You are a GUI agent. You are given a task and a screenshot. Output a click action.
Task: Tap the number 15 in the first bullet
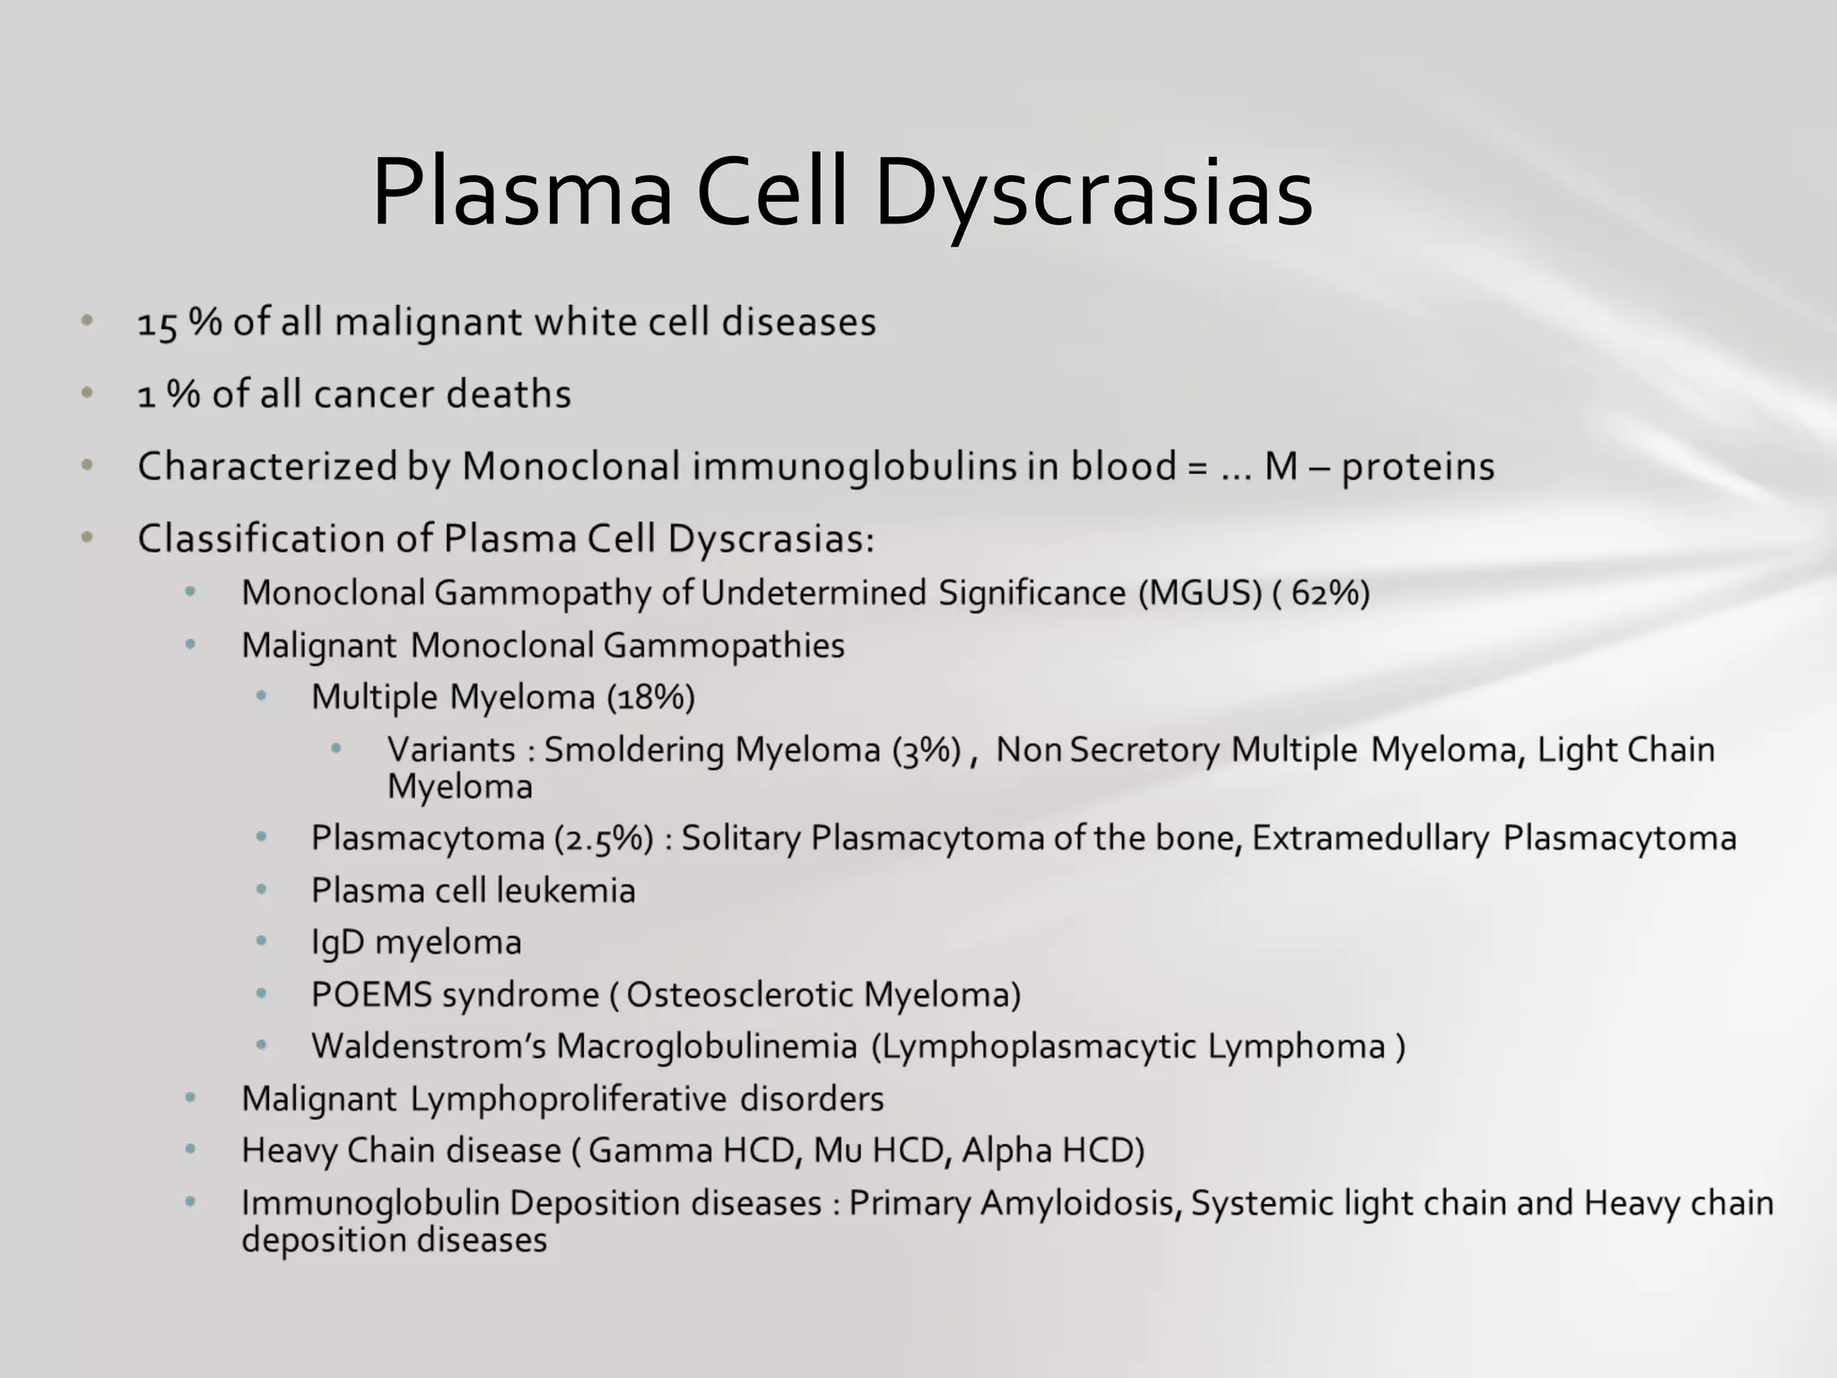point(157,323)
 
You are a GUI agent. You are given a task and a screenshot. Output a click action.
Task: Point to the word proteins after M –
point(1418,467)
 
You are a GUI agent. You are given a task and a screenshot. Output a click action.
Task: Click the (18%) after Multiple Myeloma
point(650,697)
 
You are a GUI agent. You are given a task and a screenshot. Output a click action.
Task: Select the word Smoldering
point(633,750)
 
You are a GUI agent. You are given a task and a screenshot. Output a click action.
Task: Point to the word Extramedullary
point(1370,838)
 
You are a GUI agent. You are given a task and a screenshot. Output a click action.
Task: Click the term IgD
point(337,943)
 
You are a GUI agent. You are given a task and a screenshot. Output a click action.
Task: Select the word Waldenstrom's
point(428,1047)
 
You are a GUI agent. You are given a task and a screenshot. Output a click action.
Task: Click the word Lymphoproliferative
point(568,1099)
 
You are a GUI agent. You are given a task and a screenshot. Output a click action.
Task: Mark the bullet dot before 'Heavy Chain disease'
point(190,1149)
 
